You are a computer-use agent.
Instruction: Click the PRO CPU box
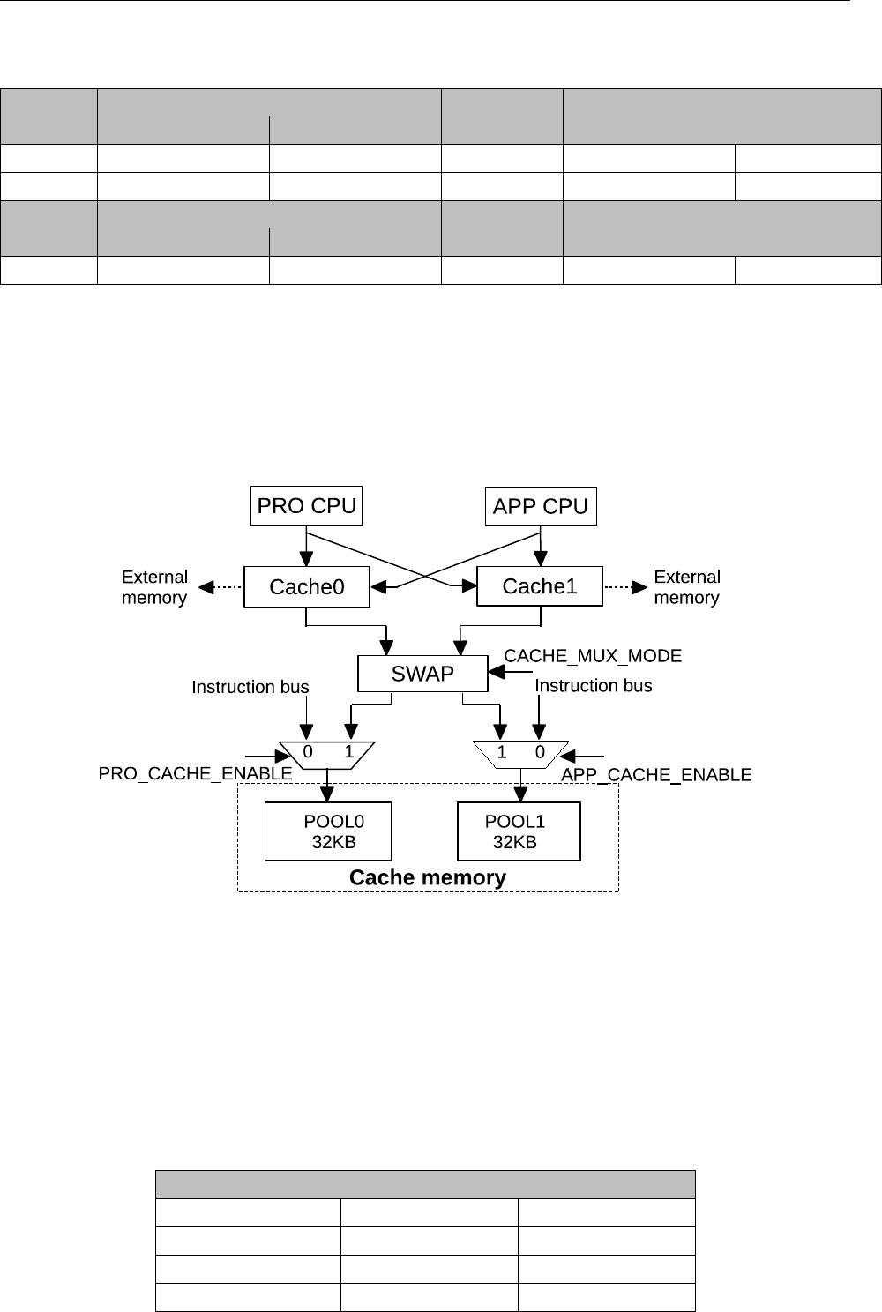[x=306, y=506]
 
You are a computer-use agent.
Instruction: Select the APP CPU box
[x=540, y=506]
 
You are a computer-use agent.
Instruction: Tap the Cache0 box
[x=306, y=587]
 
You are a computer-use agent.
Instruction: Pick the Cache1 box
[x=539, y=586]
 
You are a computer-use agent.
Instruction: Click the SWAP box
[x=422, y=674]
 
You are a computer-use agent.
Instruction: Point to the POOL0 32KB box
[x=328, y=831]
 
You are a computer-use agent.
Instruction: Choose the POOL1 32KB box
[x=519, y=831]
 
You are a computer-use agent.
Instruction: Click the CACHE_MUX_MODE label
[x=593, y=656]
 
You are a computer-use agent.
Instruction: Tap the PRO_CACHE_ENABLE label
[x=195, y=774]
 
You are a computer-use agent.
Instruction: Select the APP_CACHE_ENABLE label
[x=656, y=775]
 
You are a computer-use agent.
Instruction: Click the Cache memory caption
[x=428, y=878]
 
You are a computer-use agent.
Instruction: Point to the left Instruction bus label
[x=250, y=687]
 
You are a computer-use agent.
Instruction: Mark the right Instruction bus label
[x=594, y=686]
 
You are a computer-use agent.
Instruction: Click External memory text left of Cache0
[x=154, y=587]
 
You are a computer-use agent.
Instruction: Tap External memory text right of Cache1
[x=687, y=587]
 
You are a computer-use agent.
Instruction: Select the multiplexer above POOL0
[x=328, y=754]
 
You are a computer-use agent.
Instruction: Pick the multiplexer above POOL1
[x=520, y=754]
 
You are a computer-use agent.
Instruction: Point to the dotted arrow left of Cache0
[x=220, y=587]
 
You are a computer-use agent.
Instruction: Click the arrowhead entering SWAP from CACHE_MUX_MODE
[x=495, y=673]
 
